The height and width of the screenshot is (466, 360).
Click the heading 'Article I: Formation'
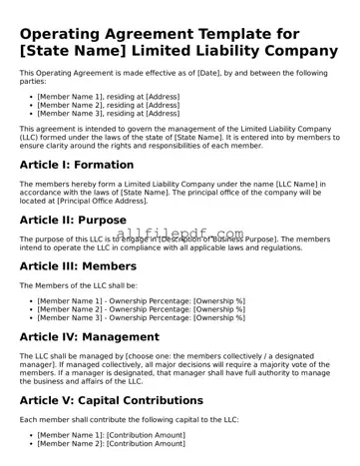tap(78, 164)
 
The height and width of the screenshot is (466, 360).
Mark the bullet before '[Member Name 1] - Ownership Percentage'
tap(31, 300)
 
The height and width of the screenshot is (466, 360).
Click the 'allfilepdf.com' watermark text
tap(180, 232)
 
